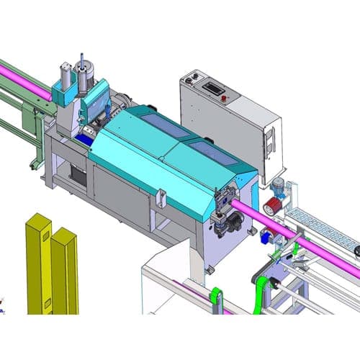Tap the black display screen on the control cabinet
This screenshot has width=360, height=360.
click(213, 88)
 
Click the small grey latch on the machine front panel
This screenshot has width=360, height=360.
click(161, 195)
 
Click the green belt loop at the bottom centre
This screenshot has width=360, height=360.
click(215, 299)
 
